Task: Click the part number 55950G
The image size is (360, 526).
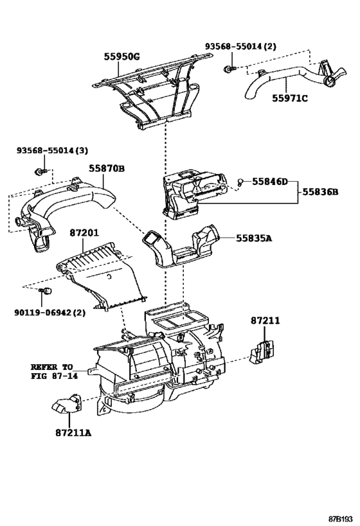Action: tap(122, 57)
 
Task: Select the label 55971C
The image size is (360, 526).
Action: tap(289, 98)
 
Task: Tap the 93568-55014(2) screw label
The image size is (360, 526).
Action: tap(241, 46)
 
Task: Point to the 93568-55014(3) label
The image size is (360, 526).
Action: tap(52, 151)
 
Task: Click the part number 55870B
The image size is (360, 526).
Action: tap(107, 168)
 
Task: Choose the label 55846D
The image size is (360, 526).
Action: tap(269, 182)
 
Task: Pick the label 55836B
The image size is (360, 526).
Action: tap(320, 192)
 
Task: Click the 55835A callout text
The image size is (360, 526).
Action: tap(253, 238)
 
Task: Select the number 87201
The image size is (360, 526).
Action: tap(84, 232)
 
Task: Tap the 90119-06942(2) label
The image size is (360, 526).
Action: tap(50, 313)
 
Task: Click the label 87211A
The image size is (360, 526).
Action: tap(73, 433)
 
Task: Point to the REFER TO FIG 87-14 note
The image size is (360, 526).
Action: tap(54, 371)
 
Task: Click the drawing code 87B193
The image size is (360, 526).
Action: tap(341, 519)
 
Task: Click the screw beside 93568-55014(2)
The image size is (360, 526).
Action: tap(230, 69)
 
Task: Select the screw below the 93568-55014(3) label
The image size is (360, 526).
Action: tap(41, 171)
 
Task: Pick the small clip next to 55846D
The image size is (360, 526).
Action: tap(240, 183)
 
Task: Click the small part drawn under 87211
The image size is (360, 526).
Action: tap(262, 352)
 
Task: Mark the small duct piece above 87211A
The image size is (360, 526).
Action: tap(67, 403)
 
